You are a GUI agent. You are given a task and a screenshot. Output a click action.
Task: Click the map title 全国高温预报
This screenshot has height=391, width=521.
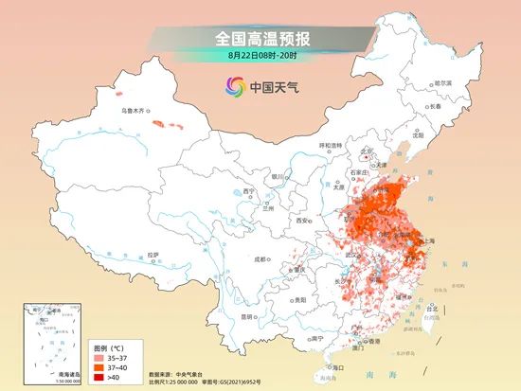pos(261,39)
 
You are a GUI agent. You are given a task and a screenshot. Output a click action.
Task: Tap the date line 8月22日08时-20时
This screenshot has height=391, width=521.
pos(261,56)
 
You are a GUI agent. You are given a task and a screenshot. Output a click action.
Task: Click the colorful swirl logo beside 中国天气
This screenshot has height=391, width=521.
pos(234,86)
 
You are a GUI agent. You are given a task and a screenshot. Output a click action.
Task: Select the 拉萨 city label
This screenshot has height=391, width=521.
pos(153,255)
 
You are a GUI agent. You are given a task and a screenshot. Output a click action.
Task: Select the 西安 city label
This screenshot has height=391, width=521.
pos(302,220)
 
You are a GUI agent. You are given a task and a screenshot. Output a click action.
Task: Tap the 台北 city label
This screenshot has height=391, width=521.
pos(433,310)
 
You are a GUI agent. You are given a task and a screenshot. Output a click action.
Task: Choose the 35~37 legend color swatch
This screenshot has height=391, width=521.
pos(99,359)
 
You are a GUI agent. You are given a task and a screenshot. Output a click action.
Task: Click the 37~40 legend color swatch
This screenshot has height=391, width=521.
pos(99,368)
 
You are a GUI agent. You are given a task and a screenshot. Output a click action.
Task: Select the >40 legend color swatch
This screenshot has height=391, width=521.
pos(99,378)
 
